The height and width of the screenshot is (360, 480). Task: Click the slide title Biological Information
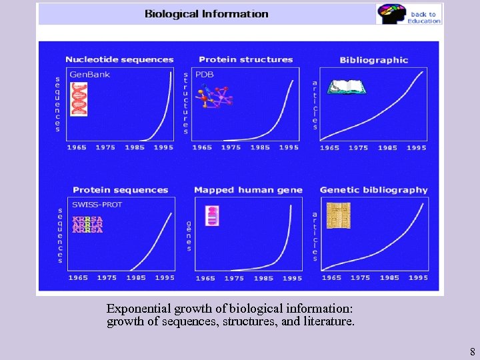tap(207, 14)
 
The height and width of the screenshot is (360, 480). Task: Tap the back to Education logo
tap(409, 14)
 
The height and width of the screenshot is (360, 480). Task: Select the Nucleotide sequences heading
tap(119, 60)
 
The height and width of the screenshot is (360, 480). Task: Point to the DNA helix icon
tap(79, 99)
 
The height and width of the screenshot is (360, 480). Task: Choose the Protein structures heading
tap(245, 60)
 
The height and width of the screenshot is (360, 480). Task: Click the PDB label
tap(205, 75)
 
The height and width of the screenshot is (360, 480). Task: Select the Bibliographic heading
tap(373, 60)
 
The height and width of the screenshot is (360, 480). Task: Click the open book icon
tap(344, 87)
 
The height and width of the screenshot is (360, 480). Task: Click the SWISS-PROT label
tap(97, 205)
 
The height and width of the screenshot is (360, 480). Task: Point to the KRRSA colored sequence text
tap(87, 225)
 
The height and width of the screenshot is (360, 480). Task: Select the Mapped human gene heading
tap(248, 190)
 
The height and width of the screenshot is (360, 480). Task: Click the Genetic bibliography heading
tap(373, 190)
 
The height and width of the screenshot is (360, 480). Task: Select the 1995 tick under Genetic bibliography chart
tap(418, 277)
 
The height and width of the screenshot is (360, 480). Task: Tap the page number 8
tap(472, 351)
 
